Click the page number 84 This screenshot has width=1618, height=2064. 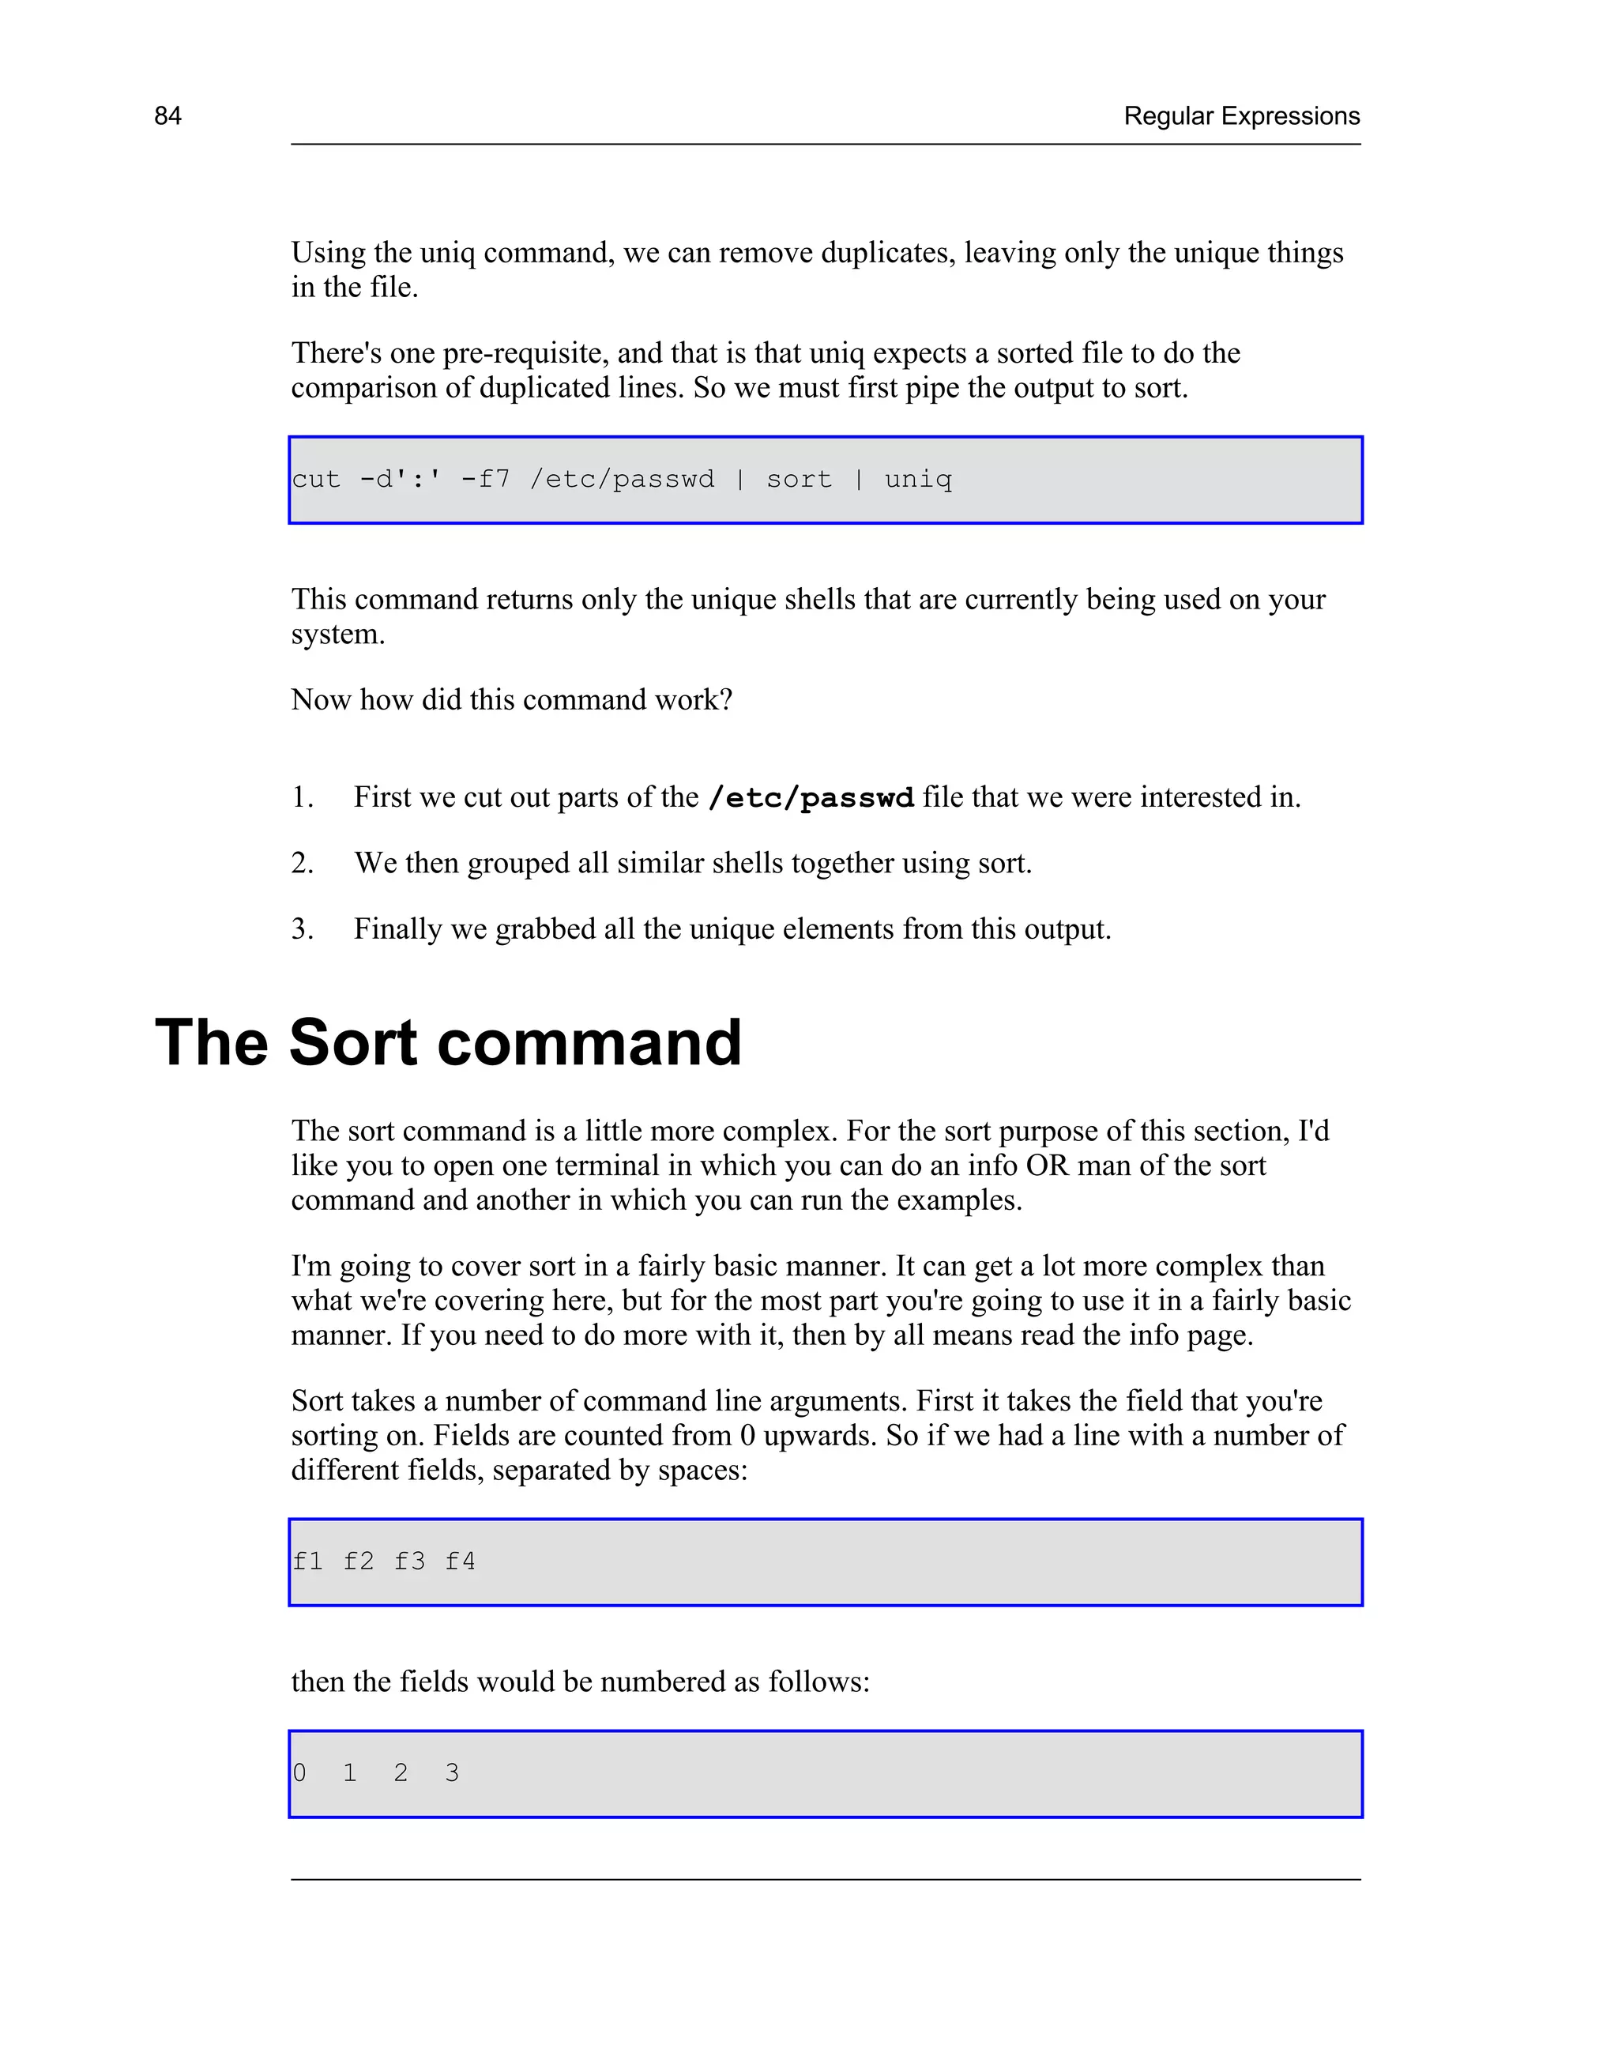167,115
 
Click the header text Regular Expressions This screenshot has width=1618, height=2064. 1241,115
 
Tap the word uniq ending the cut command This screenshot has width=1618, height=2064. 917,480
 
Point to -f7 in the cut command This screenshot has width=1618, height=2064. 485,480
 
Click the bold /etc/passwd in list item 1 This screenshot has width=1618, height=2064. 811,799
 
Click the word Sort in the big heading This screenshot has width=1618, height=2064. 352,1043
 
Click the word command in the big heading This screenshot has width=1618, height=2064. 589,1043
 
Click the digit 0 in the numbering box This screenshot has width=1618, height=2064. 299,1773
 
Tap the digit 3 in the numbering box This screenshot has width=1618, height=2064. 452,1773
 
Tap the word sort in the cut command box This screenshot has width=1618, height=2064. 799,480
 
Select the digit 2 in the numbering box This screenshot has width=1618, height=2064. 401,1773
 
